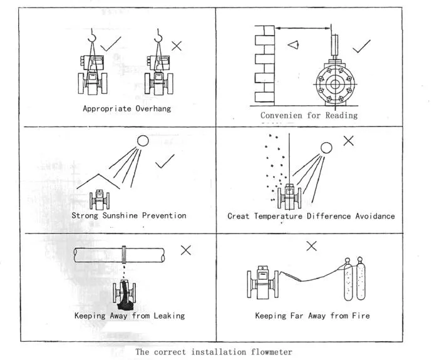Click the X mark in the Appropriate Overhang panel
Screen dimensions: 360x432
177,45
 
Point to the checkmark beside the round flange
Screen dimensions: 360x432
362,46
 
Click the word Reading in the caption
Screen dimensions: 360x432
342,115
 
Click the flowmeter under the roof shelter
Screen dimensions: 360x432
99,198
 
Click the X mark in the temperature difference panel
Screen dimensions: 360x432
348,140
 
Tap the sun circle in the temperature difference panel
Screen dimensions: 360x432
326,148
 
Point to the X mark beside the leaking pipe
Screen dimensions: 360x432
186,250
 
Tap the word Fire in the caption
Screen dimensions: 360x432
361,316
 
